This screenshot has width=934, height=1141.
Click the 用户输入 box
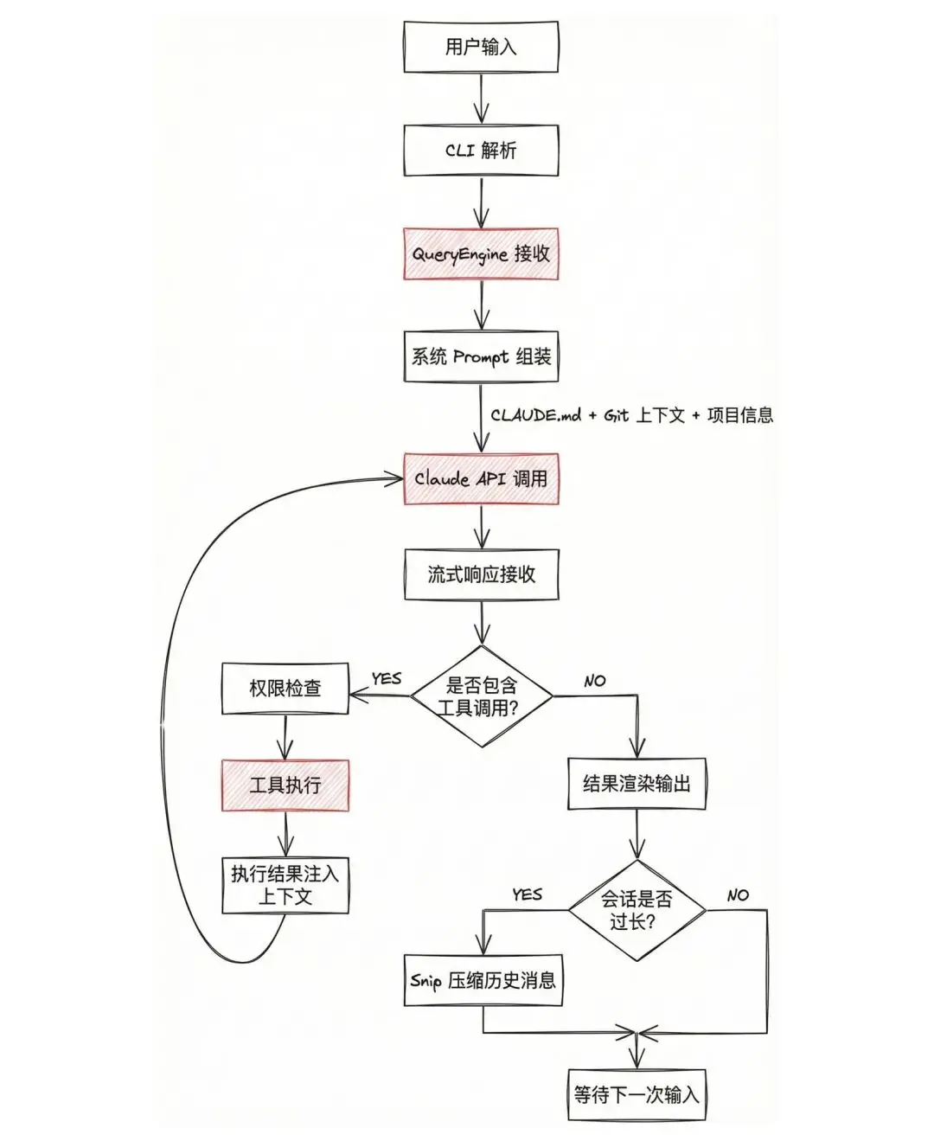tap(481, 47)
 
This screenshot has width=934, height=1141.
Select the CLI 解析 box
tap(481, 151)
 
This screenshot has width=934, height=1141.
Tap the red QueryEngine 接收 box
tap(481, 254)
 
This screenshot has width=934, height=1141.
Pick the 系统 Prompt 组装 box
tap(481, 356)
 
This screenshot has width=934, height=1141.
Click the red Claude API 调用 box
tap(481, 478)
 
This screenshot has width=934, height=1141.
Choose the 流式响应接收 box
tap(481, 574)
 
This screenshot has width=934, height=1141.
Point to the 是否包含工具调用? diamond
tap(481, 696)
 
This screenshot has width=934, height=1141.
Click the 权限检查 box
tap(285, 689)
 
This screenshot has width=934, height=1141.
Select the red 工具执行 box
tap(285, 785)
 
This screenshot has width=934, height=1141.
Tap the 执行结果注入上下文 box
tap(285, 885)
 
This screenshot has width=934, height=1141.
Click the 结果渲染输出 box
tap(637, 784)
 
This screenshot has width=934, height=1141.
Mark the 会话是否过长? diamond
tap(637, 910)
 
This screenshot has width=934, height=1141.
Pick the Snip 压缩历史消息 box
tap(483, 981)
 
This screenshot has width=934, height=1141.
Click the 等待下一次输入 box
tap(637, 1094)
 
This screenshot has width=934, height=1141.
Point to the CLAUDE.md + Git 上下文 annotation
tap(631, 415)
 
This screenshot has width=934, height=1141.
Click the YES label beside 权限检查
tap(386, 679)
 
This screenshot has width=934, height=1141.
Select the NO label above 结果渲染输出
tap(595, 682)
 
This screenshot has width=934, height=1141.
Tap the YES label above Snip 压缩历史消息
tap(527, 894)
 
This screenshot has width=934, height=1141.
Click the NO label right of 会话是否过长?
tap(738, 895)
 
